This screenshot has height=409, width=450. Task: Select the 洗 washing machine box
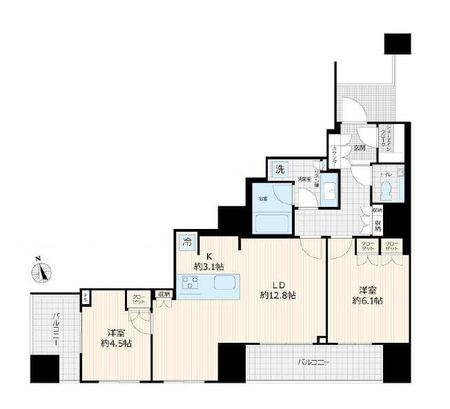tap(280, 170)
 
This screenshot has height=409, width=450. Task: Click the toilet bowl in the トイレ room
tap(385, 190)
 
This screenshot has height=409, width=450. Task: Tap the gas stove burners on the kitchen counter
tap(190, 283)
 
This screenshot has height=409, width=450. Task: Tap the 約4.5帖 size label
tap(115, 343)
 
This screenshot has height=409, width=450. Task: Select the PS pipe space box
tap(86, 298)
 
